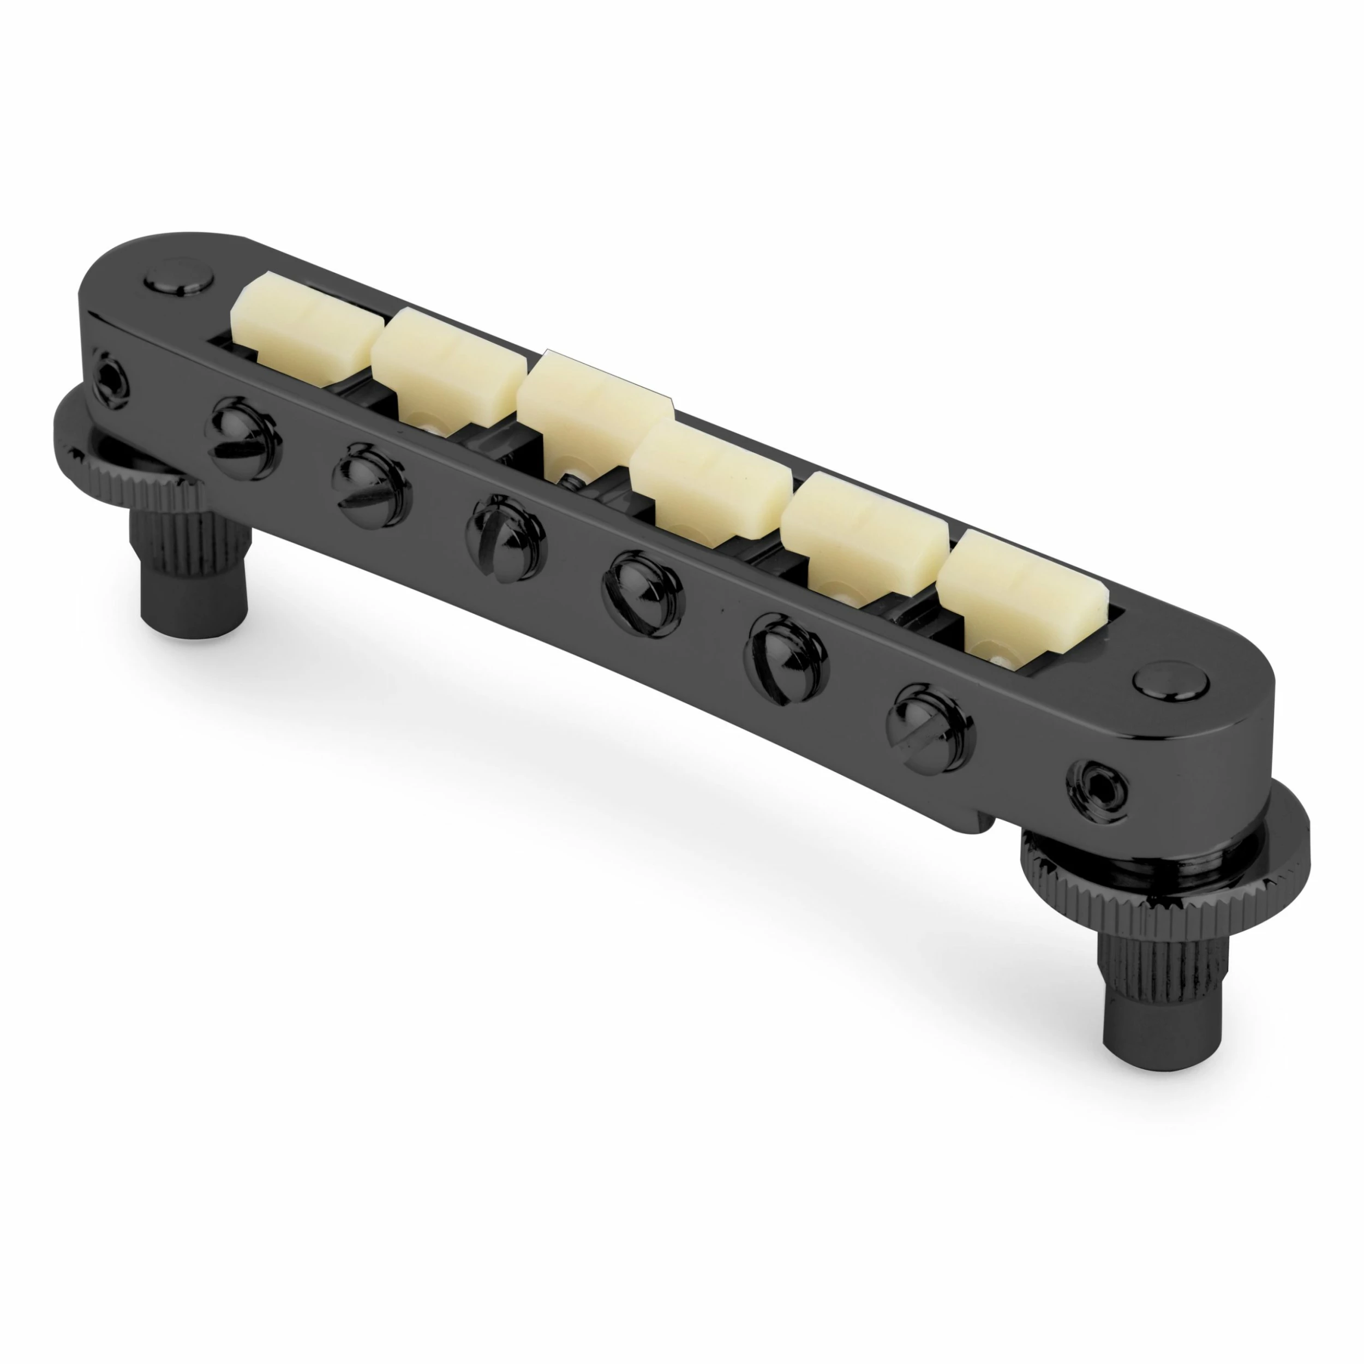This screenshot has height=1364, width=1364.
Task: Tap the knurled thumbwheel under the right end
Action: point(1165,879)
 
